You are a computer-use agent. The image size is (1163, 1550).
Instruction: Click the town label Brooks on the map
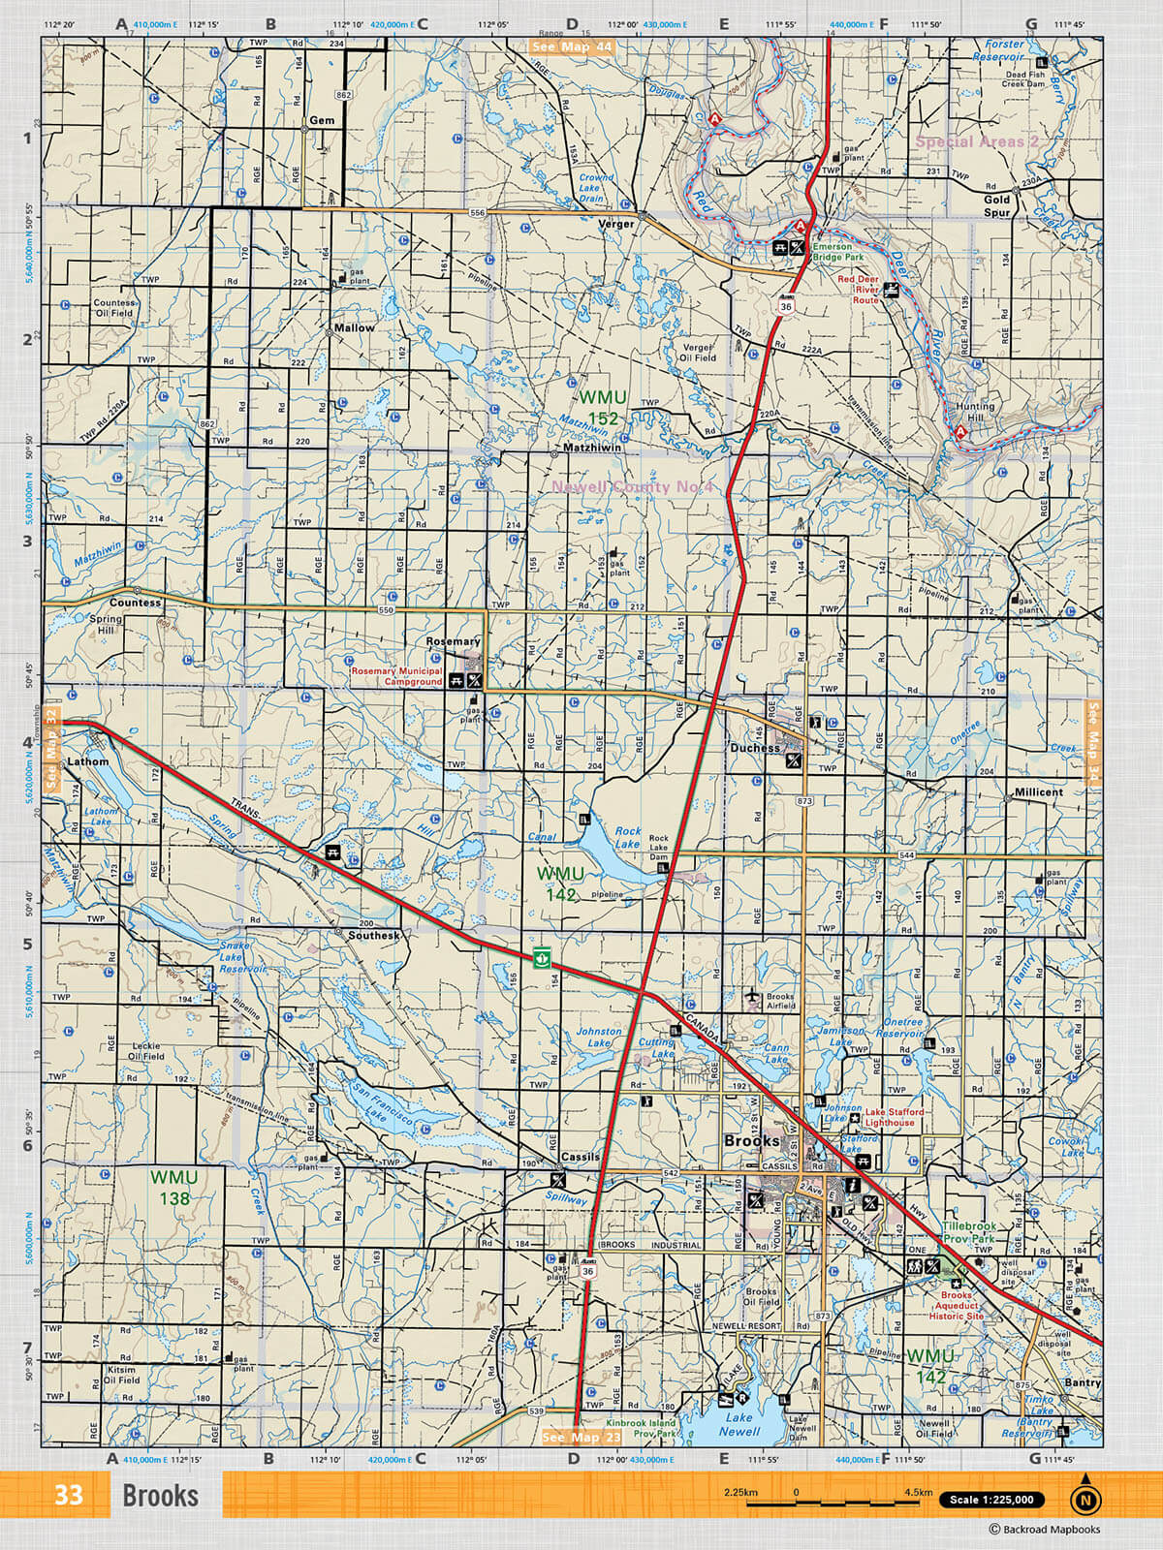pos(751,1141)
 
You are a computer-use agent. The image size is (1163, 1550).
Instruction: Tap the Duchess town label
pos(755,748)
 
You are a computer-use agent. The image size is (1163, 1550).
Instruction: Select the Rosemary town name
pos(453,641)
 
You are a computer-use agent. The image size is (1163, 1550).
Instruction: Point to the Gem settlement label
pos(322,121)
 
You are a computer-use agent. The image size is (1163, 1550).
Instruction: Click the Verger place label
pos(615,224)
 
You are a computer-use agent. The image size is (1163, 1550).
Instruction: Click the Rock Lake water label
pos(628,837)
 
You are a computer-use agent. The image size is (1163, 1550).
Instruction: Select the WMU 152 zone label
pos(603,408)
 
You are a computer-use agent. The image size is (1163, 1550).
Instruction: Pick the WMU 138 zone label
pos(174,1188)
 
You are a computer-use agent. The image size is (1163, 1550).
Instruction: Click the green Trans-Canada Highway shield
pos(543,958)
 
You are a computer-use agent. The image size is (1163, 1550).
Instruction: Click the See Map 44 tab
pos(572,46)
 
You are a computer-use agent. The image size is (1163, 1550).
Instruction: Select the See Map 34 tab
pos(1094,742)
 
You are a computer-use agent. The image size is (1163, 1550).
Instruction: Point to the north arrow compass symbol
pos(1085,1499)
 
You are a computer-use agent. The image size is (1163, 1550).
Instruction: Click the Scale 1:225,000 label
pos(991,1500)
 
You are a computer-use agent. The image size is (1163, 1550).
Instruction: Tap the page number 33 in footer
pos(68,1495)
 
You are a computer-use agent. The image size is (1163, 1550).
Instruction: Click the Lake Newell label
pos(739,1424)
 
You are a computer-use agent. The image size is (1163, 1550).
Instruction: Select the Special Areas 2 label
pos(976,141)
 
